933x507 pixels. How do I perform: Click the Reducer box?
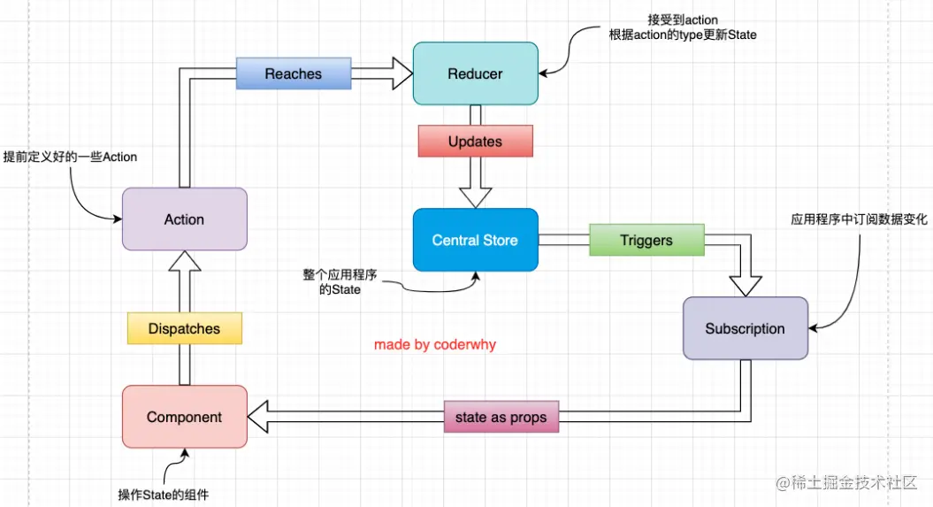click(475, 73)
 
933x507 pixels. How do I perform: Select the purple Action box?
click(184, 219)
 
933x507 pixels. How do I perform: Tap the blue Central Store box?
click(475, 240)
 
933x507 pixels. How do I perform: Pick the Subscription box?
click(745, 328)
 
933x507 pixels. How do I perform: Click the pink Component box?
click(184, 417)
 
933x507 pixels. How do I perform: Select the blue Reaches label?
click(293, 73)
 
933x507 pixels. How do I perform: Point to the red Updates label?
click(475, 142)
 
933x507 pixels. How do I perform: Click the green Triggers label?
click(646, 240)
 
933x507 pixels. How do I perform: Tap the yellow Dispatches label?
click(184, 328)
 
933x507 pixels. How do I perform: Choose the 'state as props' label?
click(501, 417)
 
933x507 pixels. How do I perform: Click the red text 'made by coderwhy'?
click(435, 344)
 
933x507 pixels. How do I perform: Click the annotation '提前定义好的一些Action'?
click(70, 157)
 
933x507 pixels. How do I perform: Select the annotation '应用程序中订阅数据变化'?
click(854, 219)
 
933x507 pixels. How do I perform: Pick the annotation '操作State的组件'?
click(164, 494)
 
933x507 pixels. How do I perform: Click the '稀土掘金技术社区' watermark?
click(856, 482)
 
